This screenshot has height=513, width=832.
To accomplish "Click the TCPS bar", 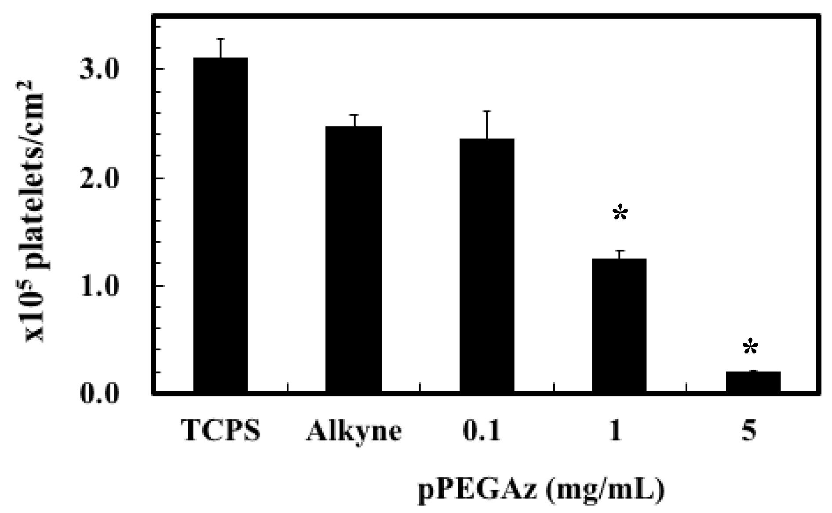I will tap(220, 224).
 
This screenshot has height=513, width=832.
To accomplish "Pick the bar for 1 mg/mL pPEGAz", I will tap(619, 325).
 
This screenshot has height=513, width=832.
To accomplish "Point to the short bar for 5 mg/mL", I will tap(753, 381).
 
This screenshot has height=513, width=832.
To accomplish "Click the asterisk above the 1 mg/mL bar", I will tap(620, 214).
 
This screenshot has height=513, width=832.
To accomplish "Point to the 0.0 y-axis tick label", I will tap(100, 394).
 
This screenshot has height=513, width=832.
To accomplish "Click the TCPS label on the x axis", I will tap(221, 431).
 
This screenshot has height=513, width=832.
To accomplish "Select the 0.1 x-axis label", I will tap(482, 431).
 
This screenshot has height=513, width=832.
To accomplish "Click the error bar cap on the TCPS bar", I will tap(220, 39).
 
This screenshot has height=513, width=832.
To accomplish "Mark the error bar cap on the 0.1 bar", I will tap(487, 111).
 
